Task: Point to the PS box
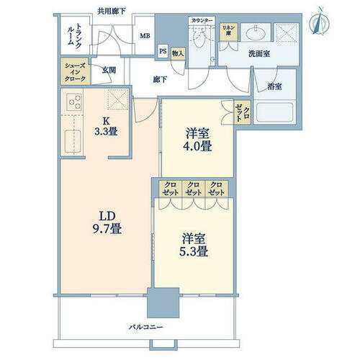click(163, 51)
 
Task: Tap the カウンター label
click(203, 22)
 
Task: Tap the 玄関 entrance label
click(109, 70)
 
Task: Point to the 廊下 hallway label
click(161, 81)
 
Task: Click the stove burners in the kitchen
click(73, 103)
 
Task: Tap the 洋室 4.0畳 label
click(197, 139)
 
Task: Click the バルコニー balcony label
click(148, 328)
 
